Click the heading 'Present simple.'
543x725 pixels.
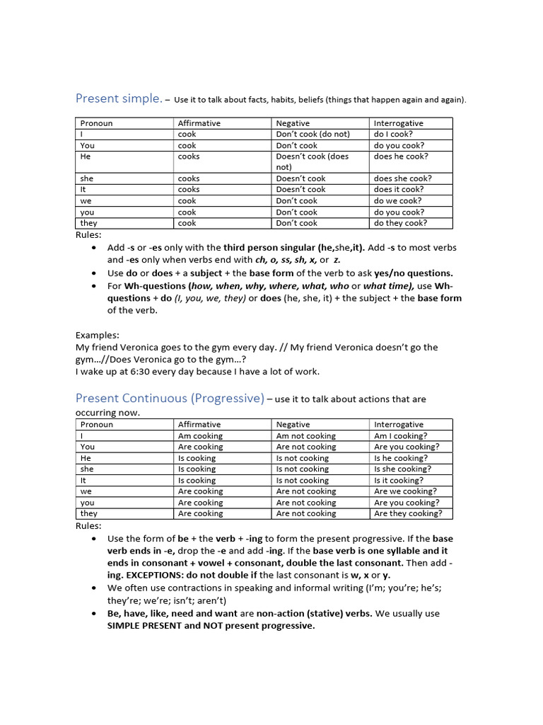click(x=118, y=98)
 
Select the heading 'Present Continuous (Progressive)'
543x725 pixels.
click(x=170, y=399)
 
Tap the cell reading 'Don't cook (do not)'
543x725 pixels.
click(x=313, y=134)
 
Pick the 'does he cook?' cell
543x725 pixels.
click(x=401, y=156)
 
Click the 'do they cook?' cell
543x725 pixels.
click(x=400, y=223)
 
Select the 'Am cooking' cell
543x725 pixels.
click(x=200, y=436)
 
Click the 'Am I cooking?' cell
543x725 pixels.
click(x=400, y=436)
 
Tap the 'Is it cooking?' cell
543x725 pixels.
click(x=399, y=480)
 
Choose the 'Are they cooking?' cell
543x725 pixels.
click(x=408, y=513)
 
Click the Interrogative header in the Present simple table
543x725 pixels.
click(x=398, y=123)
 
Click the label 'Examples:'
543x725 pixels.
click(x=98, y=335)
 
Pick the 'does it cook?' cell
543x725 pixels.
click(x=399, y=190)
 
